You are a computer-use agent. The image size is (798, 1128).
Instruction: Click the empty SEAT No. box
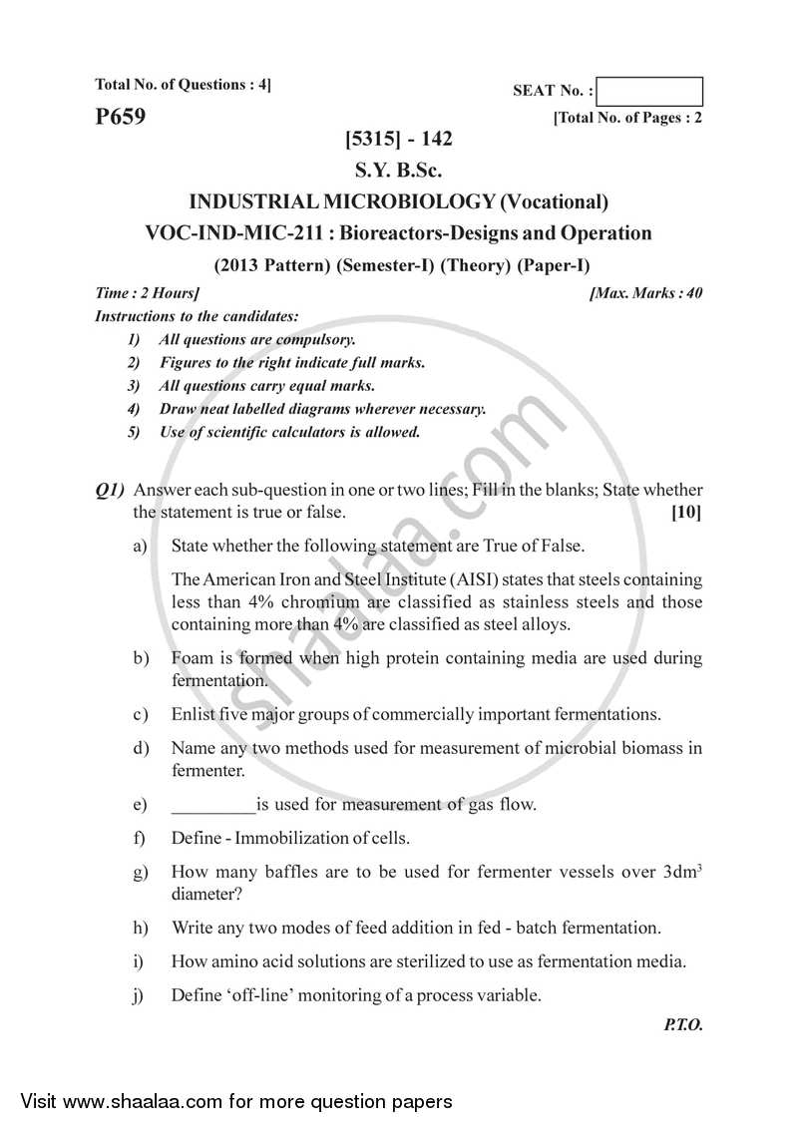pos(652,91)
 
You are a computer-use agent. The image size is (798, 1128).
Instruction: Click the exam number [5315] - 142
pos(398,141)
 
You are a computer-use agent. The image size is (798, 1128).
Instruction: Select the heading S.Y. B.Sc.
pos(398,171)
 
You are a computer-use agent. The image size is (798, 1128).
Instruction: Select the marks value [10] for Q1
pos(686,513)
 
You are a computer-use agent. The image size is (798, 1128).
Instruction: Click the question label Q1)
pos(110,490)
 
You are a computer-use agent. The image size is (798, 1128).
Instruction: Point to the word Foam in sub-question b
pos(192,658)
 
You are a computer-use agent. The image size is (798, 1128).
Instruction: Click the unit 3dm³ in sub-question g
pos(681,871)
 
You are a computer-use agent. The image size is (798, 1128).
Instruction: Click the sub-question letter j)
pos(139,994)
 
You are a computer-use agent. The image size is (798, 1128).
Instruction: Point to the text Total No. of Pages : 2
pos(628,118)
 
